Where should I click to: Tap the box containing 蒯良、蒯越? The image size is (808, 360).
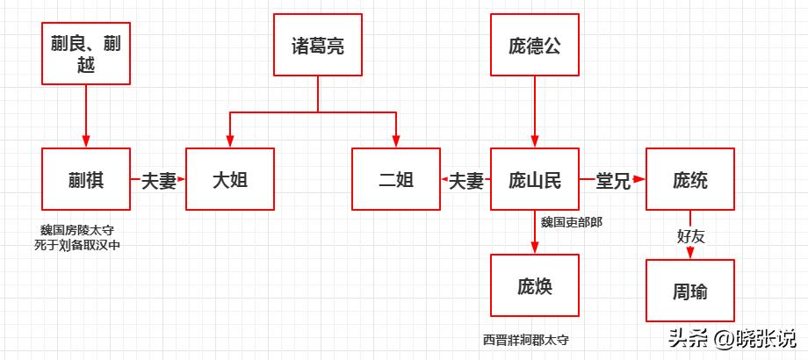click(x=86, y=54)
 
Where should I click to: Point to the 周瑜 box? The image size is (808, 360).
click(x=689, y=291)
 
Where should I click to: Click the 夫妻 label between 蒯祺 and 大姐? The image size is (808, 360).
click(x=159, y=181)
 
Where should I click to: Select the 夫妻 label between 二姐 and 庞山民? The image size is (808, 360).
click(x=466, y=181)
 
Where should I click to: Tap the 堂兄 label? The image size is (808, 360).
click(x=613, y=181)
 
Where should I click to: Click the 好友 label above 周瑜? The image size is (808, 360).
click(x=690, y=235)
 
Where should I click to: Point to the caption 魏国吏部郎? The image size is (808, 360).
click(x=571, y=221)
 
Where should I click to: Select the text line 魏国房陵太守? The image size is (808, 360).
click(x=76, y=231)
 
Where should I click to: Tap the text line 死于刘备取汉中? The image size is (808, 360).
click(x=76, y=246)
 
